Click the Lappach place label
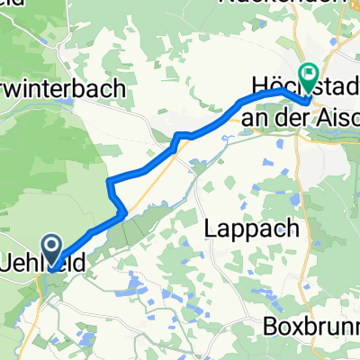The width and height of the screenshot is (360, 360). point(255,228)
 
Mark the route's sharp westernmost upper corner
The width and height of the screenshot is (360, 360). point(109,182)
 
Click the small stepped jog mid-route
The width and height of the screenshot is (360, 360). point(182,136)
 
